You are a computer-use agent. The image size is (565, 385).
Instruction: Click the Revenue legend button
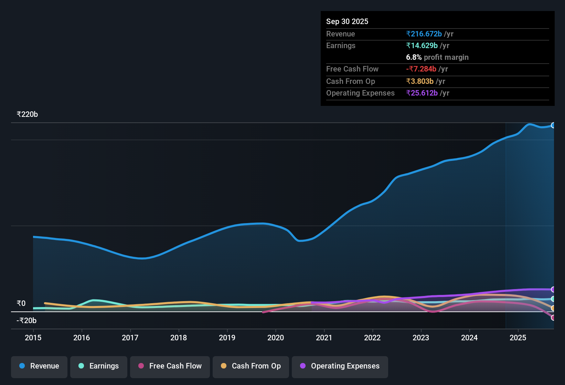[39, 366]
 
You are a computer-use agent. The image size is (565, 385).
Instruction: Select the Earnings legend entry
[99, 366]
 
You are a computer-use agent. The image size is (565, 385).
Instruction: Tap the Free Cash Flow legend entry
[170, 366]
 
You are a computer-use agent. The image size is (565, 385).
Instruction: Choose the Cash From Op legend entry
[251, 366]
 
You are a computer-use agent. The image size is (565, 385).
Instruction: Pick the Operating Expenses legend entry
[340, 366]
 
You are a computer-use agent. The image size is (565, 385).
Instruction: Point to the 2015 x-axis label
[33, 338]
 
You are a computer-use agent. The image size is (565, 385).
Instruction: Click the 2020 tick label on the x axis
[276, 338]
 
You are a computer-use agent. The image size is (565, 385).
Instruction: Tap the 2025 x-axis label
[518, 338]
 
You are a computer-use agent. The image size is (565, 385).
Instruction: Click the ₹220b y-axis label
[27, 114]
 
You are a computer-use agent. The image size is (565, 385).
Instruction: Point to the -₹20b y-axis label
[26, 321]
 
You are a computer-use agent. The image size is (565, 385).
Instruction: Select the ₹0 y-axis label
[21, 304]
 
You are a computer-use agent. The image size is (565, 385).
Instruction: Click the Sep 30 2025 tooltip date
[347, 22]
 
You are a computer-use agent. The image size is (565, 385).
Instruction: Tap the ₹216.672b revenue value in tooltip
[424, 34]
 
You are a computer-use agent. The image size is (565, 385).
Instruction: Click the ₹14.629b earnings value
[422, 46]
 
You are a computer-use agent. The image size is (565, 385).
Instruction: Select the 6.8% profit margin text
[437, 57]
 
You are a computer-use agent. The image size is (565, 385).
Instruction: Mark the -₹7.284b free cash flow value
[421, 69]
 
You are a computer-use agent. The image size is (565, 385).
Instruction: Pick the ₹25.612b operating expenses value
[422, 93]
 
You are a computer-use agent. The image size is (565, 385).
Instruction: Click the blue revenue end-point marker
[553, 125]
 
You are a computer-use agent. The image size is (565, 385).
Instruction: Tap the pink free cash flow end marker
[553, 318]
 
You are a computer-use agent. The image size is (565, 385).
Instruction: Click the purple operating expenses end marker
[553, 289]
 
